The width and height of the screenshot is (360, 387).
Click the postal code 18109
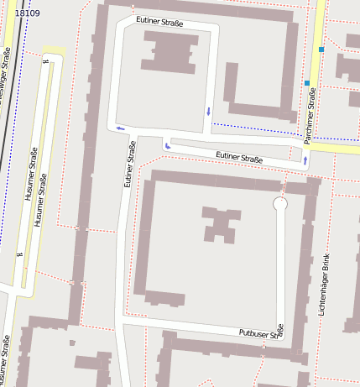28,13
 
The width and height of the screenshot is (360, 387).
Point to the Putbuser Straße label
261,332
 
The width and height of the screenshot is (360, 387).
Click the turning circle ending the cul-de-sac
280,204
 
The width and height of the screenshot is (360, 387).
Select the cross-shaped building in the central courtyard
219,224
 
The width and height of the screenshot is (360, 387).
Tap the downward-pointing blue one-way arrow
208,111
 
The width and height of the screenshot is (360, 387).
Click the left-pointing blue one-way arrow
121,128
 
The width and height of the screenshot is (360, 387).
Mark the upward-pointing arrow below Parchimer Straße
305,159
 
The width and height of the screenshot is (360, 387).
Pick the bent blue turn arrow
168,146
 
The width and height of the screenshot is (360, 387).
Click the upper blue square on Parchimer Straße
321,50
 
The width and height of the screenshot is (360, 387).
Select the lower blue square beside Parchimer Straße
307,83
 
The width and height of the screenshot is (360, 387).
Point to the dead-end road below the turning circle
280,269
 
